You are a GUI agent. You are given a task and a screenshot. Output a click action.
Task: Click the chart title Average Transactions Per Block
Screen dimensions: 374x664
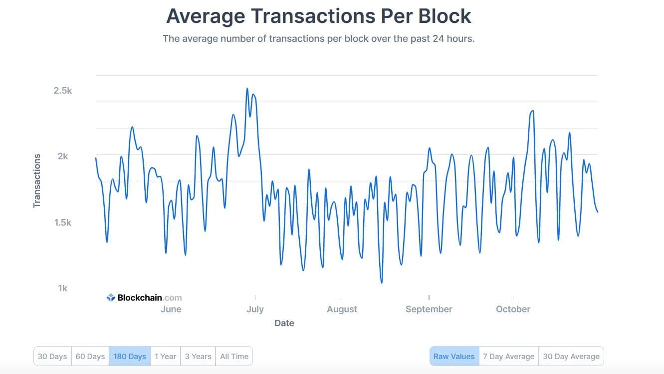click(x=318, y=16)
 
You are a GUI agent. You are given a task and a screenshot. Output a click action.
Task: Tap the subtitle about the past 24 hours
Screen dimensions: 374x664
click(x=318, y=38)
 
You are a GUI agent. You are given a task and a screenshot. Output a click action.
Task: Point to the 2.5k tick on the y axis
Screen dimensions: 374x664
click(x=63, y=91)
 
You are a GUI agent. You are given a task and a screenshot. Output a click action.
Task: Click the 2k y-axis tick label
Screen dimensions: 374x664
click(x=63, y=156)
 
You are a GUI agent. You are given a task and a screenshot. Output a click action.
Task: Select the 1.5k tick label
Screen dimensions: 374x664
click(x=63, y=223)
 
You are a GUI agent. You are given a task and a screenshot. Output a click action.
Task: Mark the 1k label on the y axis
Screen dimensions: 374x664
click(x=63, y=288)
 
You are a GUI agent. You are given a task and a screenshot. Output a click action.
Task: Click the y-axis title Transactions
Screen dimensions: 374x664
click(x=37, y=181)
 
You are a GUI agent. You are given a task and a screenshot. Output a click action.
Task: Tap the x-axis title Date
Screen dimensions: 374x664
click(x=284, y=323)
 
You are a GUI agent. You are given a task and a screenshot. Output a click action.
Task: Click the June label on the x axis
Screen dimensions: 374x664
click(x=171, y=309)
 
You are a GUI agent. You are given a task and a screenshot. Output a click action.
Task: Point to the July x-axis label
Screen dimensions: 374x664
click(x=255, y=309)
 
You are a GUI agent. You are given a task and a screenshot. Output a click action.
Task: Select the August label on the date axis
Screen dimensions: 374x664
click(x=342, y=309)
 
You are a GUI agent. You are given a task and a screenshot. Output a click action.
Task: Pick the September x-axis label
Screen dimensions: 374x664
click(x=429, y=309)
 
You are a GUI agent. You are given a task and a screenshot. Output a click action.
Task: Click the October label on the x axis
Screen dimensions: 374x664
click(x=513, y=309)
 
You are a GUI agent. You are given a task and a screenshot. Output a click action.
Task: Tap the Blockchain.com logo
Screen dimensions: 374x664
click(x=144, y=298)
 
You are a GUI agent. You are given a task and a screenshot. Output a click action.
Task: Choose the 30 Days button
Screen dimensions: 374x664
click(x=52, y=357)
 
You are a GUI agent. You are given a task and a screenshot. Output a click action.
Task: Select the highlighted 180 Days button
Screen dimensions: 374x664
click(x=130, y=357)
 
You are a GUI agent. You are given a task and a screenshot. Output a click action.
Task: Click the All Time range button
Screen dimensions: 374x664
click(x=234, y=357)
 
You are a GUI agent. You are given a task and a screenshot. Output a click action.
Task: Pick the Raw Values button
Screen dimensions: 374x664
click(x=454, y=357)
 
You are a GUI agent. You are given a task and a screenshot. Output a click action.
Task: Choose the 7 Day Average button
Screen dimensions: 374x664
click(x=509, y=357)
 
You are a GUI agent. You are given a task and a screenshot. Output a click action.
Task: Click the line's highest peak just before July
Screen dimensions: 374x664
click(x=247, y=89)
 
